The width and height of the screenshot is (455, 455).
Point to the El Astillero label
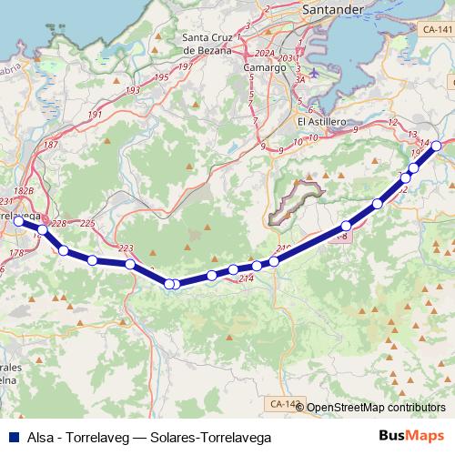[x=319, y=119]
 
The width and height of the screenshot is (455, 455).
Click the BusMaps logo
[x=411, y=437]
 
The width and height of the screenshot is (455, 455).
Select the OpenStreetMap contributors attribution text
[x=376, y=408]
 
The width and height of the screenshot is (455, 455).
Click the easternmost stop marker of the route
[x=437, y=146]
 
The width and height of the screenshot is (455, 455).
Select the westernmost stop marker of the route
[x=18, y=220]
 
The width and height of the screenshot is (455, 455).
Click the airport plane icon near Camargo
[x=314, y=73]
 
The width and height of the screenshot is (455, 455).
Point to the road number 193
[x=133, y=91]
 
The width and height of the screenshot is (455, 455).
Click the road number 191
[x=96, y=115]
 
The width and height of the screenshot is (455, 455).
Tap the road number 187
[x=51, y=145]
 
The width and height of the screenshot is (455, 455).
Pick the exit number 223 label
[x=126, y=248]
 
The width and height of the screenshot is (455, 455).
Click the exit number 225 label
[x=87, y=223]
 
